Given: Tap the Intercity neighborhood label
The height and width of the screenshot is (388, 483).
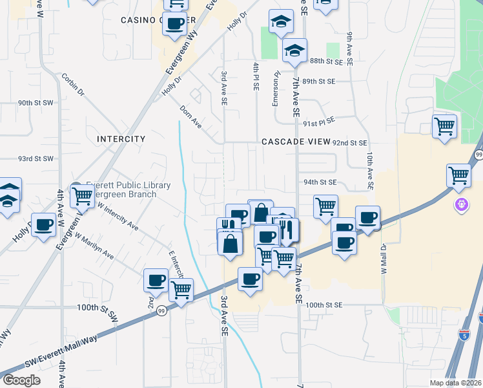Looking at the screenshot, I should point(121,139).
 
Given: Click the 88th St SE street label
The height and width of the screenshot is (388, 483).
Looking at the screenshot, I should point(324,61).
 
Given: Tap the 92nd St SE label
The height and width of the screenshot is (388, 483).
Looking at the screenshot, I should point(349,142).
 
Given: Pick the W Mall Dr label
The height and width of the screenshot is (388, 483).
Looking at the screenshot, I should point(383,258).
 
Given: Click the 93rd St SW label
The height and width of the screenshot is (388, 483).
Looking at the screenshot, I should point(35,158).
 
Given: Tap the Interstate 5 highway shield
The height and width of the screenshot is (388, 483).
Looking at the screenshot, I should point(482,317).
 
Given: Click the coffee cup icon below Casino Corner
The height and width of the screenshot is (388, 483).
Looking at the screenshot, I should point(175,25).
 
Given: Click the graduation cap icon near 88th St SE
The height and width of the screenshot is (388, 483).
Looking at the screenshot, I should point(294,50).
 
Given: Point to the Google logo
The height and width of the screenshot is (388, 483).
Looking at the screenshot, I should point(22,380).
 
